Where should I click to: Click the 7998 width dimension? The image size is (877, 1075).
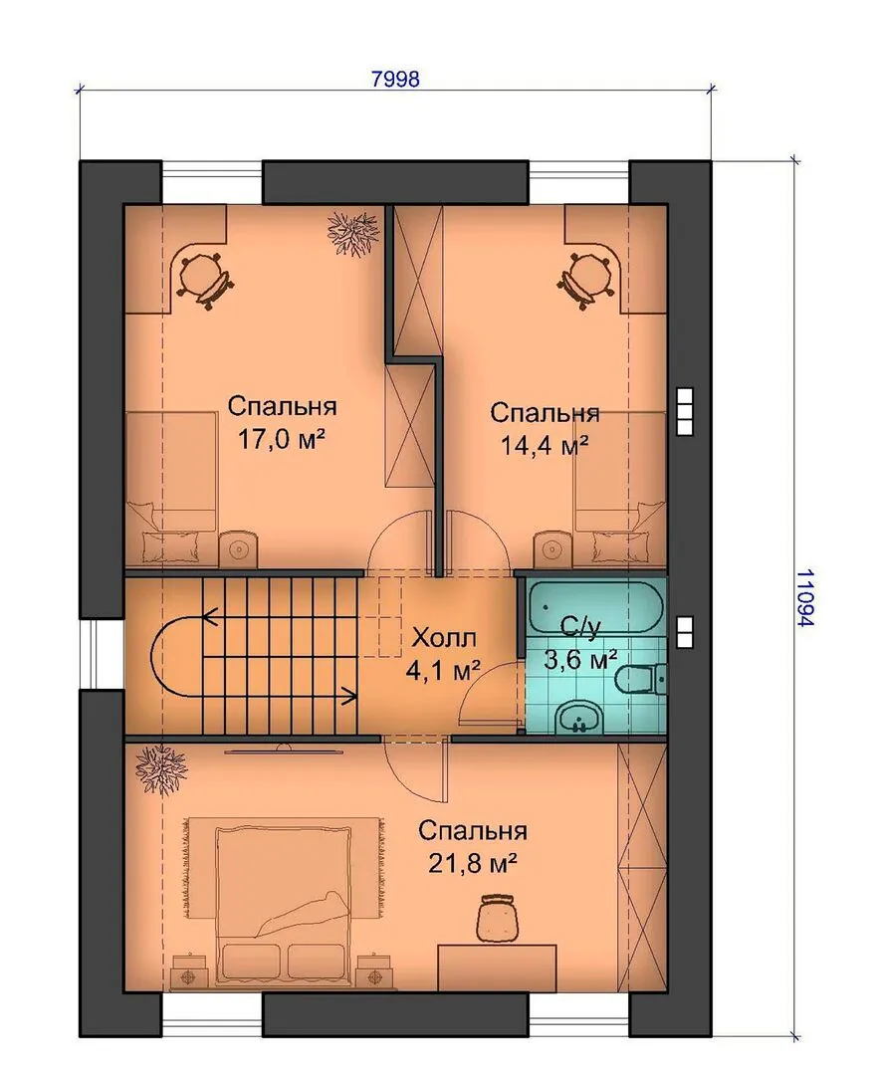395,79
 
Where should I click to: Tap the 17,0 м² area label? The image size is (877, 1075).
281,439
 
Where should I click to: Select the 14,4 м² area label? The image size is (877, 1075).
546,446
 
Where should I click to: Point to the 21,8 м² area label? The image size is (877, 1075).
473,863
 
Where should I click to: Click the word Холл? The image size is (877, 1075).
443,638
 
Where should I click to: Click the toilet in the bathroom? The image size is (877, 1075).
640,681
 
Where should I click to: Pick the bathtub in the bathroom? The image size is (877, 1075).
595,607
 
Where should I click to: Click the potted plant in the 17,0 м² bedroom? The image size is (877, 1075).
352,233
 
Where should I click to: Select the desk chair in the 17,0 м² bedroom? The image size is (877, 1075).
204,280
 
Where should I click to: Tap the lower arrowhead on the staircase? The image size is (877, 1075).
349,697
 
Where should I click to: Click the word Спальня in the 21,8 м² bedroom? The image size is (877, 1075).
473,831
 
